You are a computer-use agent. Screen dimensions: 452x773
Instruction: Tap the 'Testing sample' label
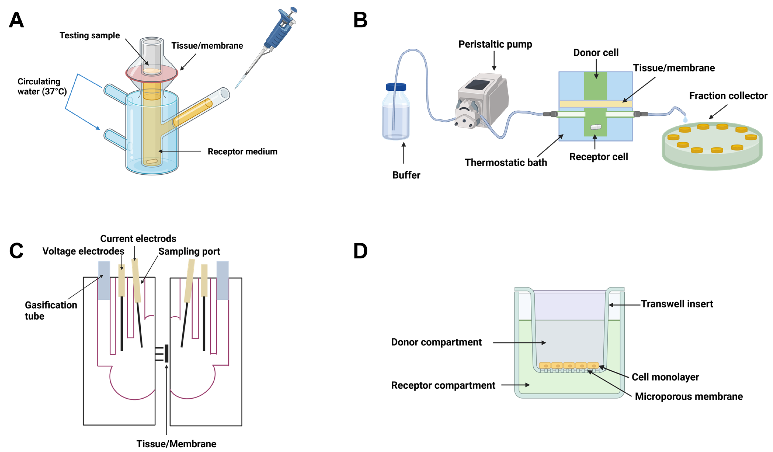90,36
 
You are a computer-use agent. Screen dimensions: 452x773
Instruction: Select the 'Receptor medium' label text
242,151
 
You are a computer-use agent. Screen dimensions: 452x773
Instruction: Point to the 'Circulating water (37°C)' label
42,86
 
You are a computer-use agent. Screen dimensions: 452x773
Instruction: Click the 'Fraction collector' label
728,96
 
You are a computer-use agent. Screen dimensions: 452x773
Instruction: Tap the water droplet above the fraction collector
685,119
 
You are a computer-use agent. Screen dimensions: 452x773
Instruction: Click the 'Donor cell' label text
596,53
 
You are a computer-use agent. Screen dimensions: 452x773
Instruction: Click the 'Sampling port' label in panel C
189,252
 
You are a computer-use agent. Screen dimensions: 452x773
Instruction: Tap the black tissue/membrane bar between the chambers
166,353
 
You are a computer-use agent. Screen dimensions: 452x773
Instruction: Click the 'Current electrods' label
138,239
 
